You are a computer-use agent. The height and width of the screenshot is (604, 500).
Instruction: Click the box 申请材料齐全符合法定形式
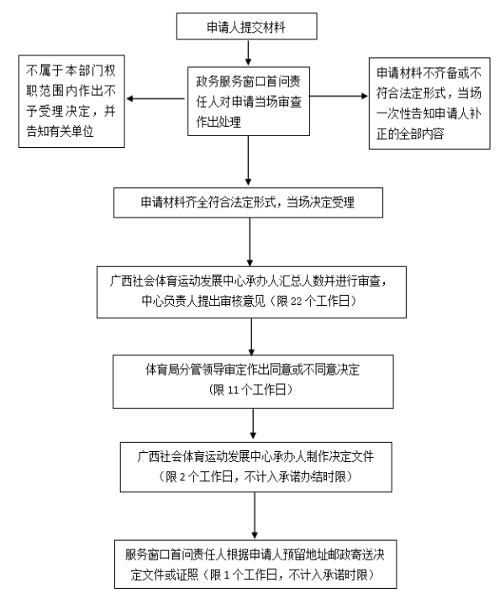[x=250, y=202]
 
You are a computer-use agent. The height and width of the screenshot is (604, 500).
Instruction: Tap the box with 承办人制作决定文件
[x=253, y=466]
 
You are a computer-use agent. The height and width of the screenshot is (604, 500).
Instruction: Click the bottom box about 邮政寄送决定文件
[x=253, y=565]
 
